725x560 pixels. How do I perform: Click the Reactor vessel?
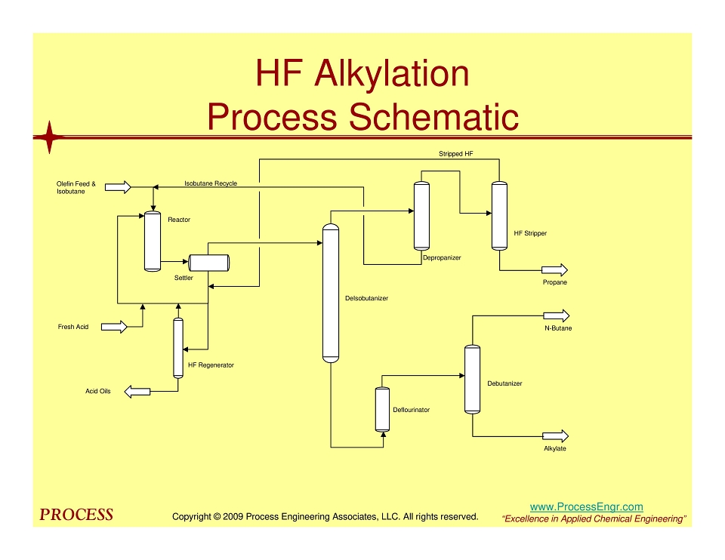pyautogui.click(x=153, y=242)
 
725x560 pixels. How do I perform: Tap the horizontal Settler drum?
pyautogui.click(x=209, y=263)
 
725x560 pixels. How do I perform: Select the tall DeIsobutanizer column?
pyautogui.click(x=331, y=294)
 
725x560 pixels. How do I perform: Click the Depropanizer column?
pyautogui.click(x=421, y=216)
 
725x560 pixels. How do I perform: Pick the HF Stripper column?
pyautogui.click(x=499, y=216)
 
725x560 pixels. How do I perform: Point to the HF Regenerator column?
pyautogui.click(x=178, y=348)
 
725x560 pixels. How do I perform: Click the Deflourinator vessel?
pyautogui.click(x=382, y=409)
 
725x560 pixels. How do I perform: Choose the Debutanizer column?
pyautogui.click(x=473, y=380)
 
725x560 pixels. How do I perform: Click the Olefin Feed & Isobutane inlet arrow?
pyautogui.click(x=118, y=187)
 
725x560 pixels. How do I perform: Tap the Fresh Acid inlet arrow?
pyautogui.click(x=114, y=327)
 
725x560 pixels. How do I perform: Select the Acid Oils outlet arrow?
pyautogui.click(x=137, y=392)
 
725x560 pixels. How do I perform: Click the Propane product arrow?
pyautogui.click(x=555, y=270)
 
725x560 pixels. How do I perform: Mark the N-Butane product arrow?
pyautogui.click(x=557, y=316)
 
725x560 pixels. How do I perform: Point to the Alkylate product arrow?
pyautogui.click(x=555, y=436)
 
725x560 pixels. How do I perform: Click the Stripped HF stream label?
pyautogui.click(x=456, y=154)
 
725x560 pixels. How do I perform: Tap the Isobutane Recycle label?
pyautogui.click(x=211, y=183)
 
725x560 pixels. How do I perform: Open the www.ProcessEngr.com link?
pyautogui.click(x=586, y=507)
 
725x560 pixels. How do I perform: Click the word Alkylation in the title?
pyautogui.click(x=392, y=73)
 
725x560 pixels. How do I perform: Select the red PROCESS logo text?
pyautogui.click(x=76, y=515)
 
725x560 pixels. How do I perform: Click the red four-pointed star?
pyautogui.click(x=50, y=137)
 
